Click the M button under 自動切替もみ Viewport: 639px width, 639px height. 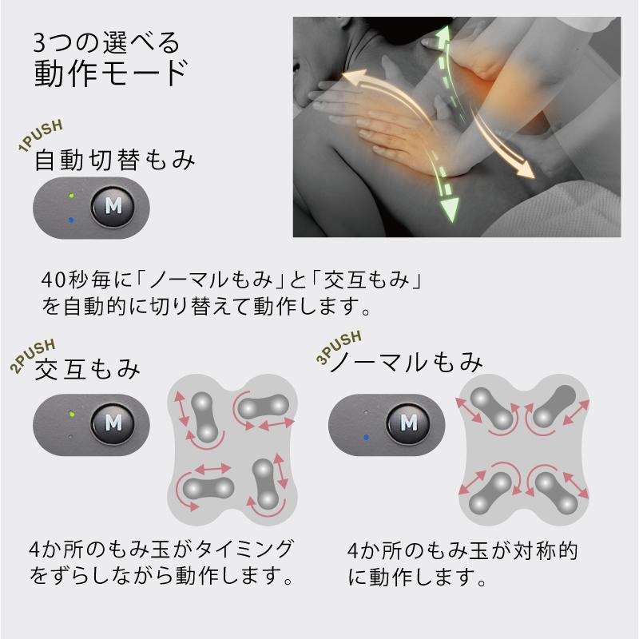coord(113,206)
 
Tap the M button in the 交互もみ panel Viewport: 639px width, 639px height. coord(113,419)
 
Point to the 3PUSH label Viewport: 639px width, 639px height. coord(339,347)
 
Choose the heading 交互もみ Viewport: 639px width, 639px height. coord(88,369)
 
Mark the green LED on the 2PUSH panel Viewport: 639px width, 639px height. coord(71,414)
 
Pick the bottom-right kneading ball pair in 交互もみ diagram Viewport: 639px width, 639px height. coord(266,484)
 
